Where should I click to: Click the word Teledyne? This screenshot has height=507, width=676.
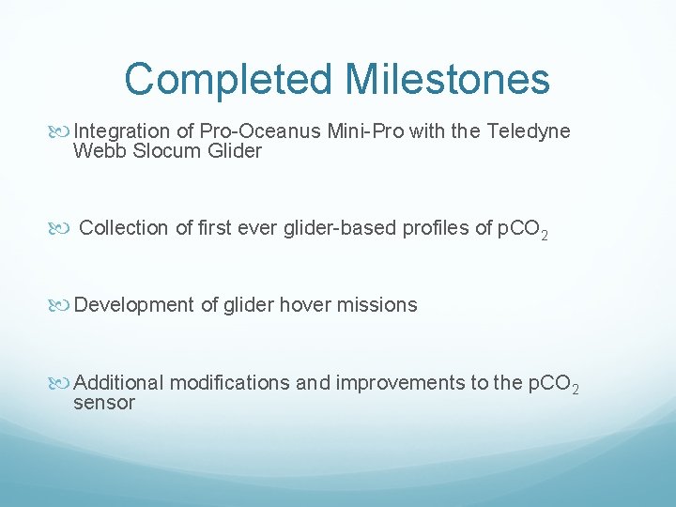pos(529,131)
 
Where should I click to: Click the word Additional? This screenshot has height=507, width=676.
pos(118,383)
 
